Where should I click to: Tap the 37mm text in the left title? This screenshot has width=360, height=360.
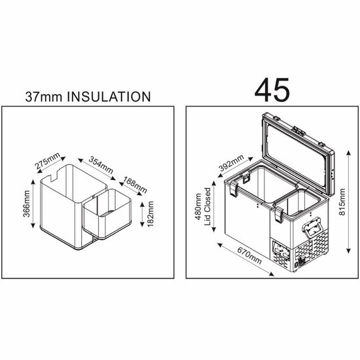click(x=40, y=96)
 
